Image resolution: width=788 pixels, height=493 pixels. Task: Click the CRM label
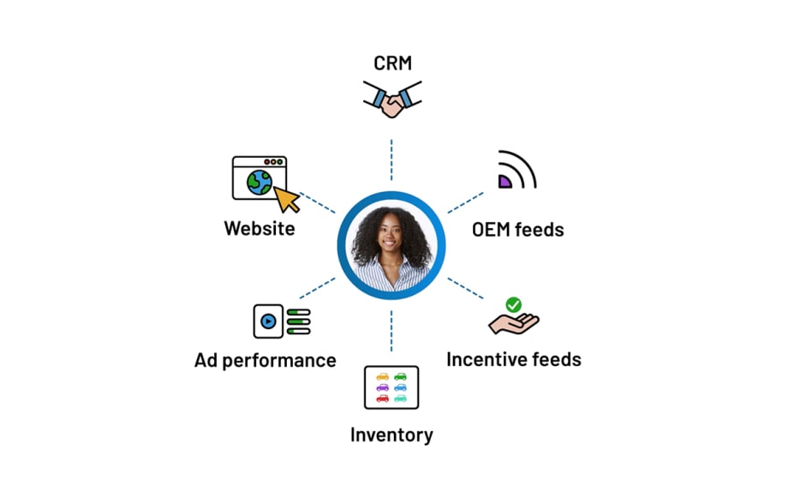[x=391, y=63]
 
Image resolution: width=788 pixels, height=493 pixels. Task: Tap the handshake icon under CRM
[x=391, y=101]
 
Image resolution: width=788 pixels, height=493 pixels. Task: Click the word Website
[x=260, y=229]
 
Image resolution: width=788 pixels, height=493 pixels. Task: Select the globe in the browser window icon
[x=259, y=181]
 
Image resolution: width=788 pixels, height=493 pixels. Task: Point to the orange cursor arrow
[x=287, y=200]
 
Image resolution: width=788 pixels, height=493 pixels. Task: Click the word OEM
[x=494, y=230]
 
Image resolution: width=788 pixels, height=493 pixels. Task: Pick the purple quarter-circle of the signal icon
[x=504, y=180]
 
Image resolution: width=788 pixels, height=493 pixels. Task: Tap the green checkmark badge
[x=513, y=304]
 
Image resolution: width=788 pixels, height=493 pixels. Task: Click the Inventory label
[x=391, y=435]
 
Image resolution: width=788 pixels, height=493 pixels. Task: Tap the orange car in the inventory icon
[x=382, y=376]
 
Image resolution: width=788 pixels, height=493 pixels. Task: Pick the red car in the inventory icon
[x=382, y=398]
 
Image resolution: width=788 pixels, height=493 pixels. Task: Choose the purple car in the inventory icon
[x=382, y=387]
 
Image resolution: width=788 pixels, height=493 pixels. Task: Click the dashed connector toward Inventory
[x=391, y=329]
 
